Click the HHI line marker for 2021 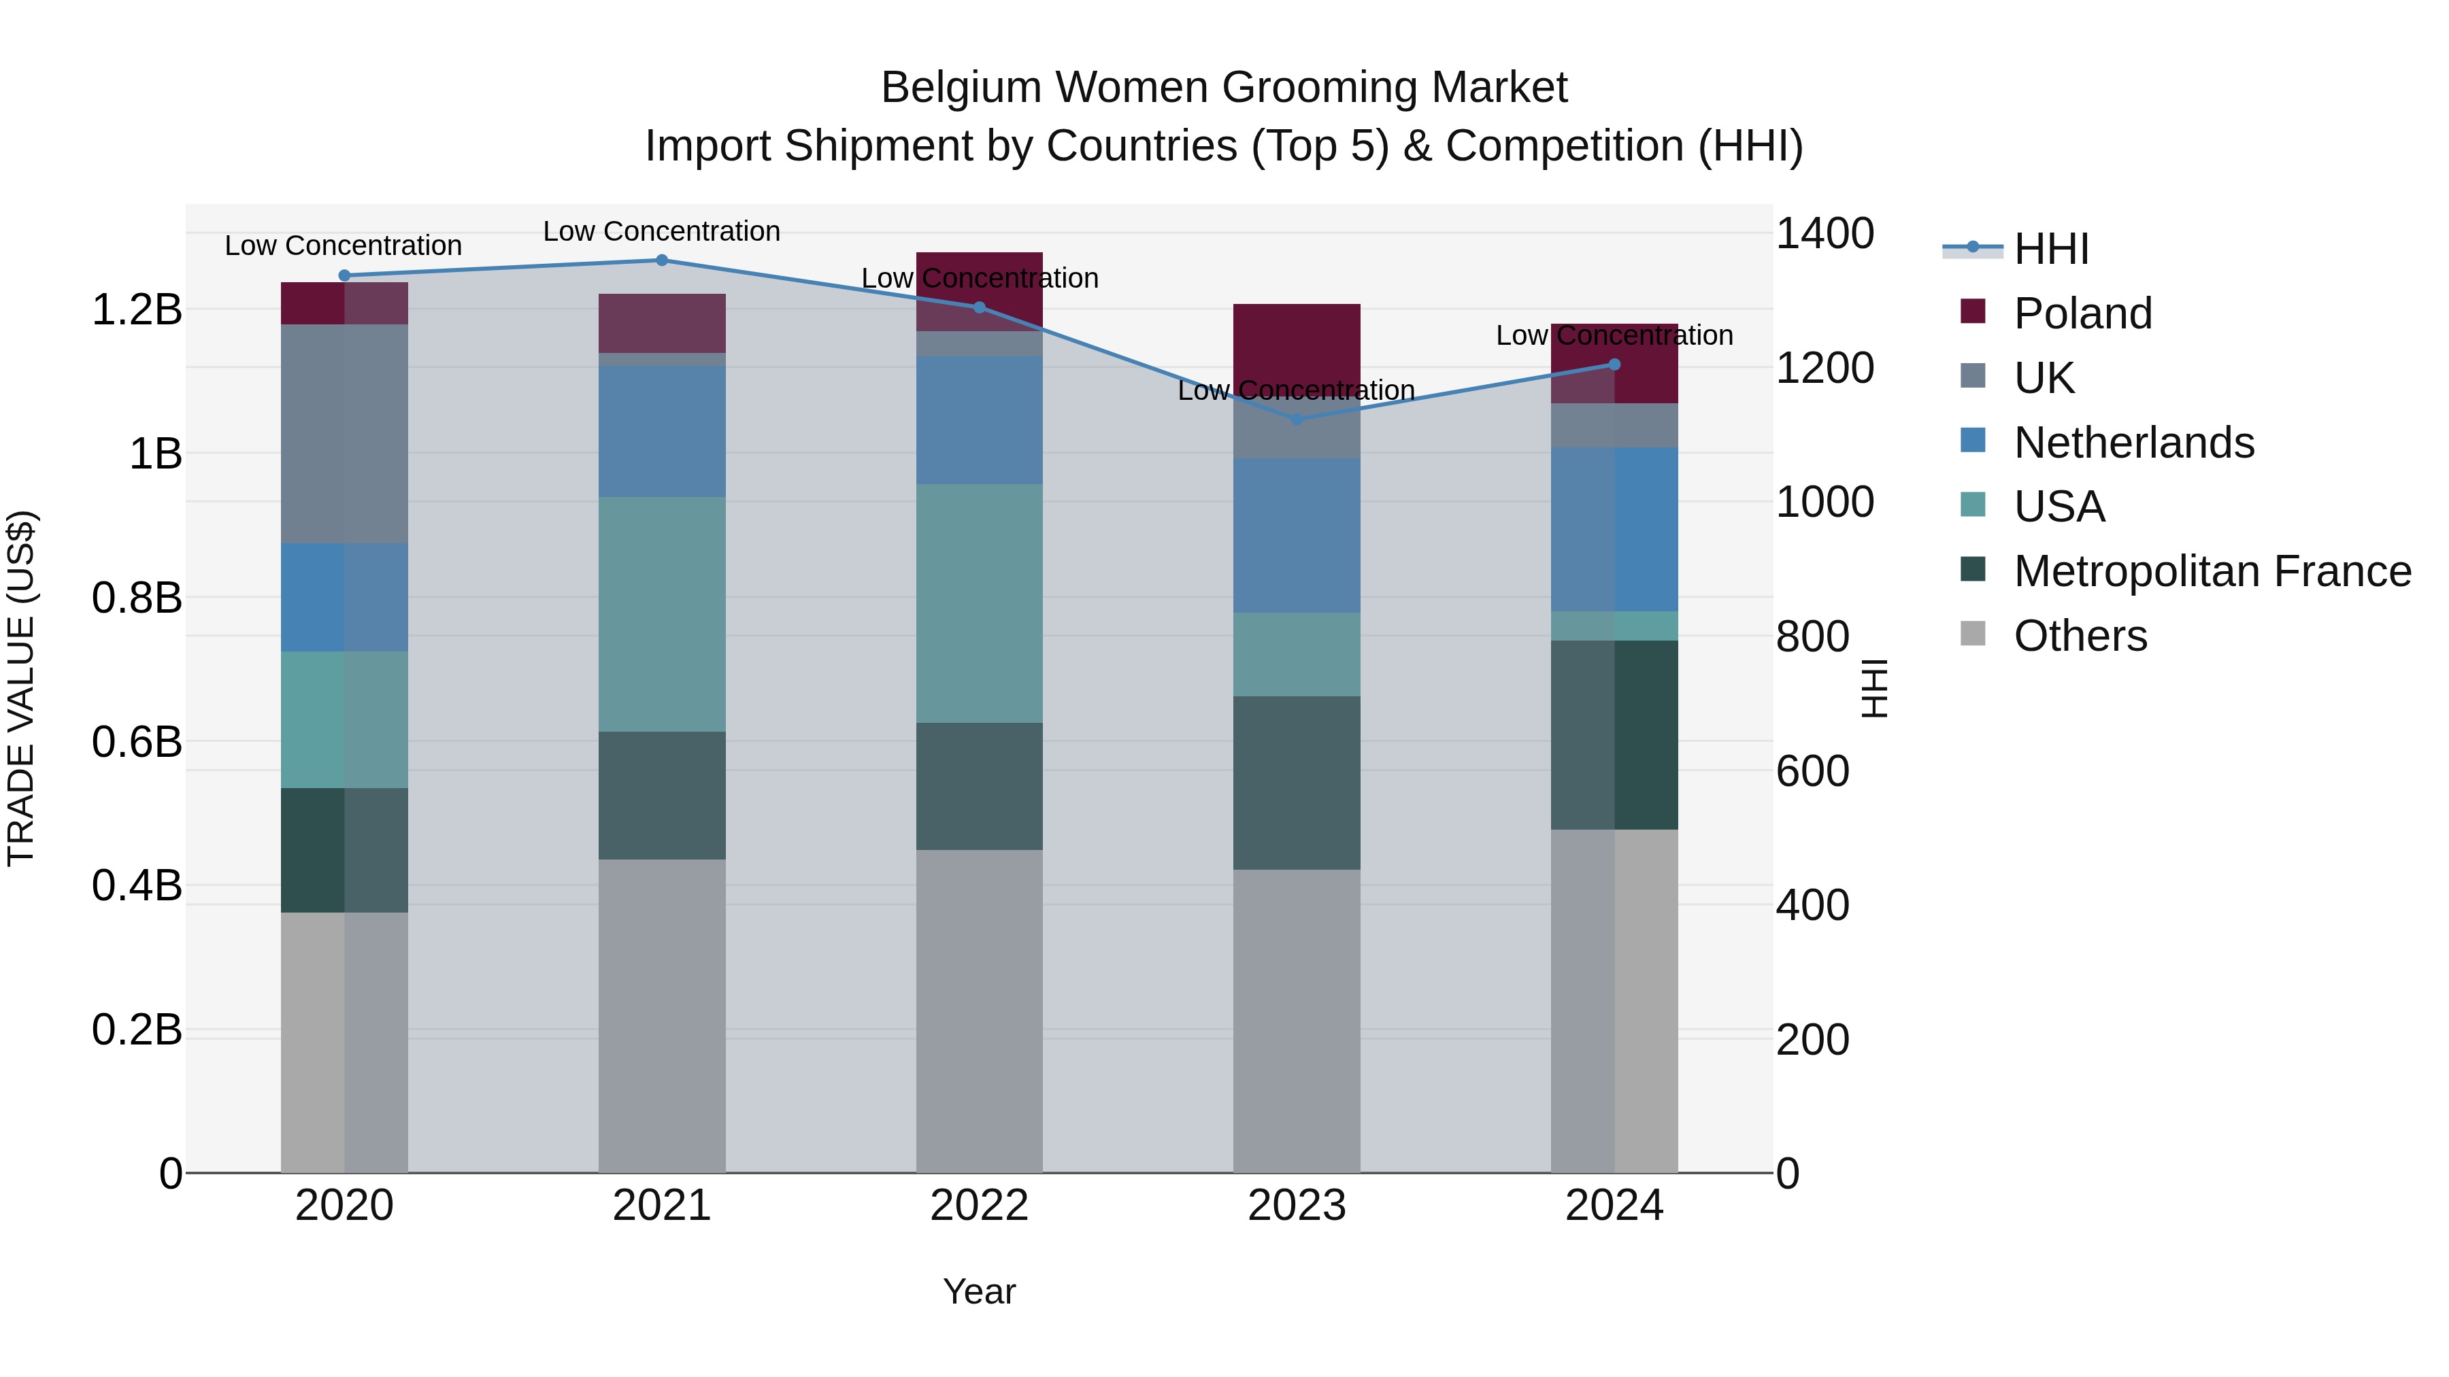[662, 260]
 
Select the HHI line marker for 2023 [1297, 419]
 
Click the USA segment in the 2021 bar [662, 614]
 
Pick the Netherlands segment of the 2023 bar [1297, 536]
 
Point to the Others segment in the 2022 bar [979, 1011]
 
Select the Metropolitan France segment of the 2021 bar [662, 796]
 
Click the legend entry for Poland [2082, 313]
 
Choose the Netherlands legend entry [2133, 443]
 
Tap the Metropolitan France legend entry [2212, 571]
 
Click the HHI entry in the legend [2050, 249]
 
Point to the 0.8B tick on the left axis [137, 598]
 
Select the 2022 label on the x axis [979, 1206]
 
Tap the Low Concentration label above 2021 [662, 231]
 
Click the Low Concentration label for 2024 [1614, 335]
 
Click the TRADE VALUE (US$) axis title [21, 688]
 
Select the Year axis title [979, 1291]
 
